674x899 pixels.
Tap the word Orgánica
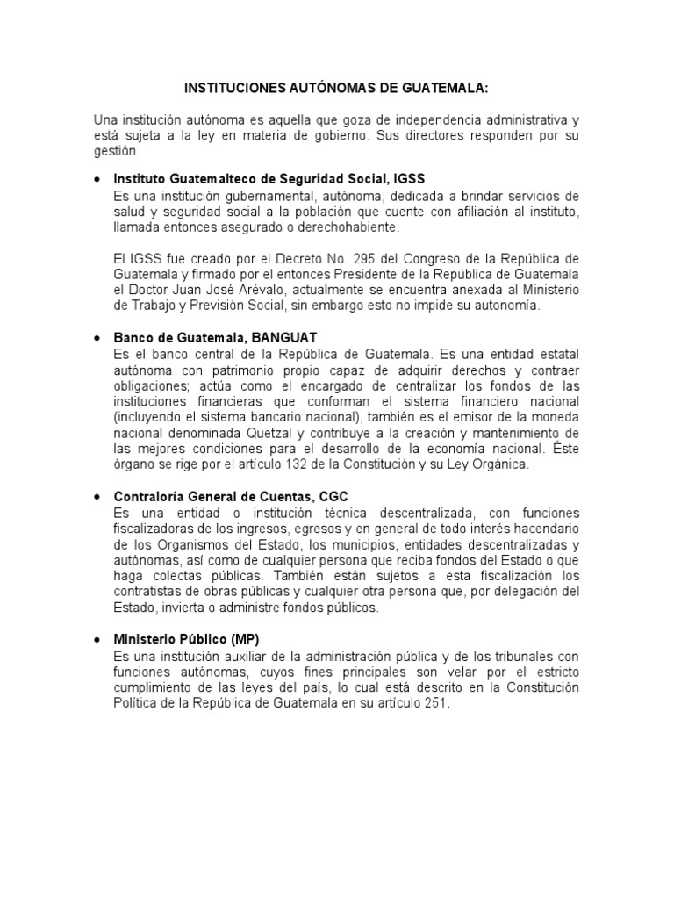(497, 464)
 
